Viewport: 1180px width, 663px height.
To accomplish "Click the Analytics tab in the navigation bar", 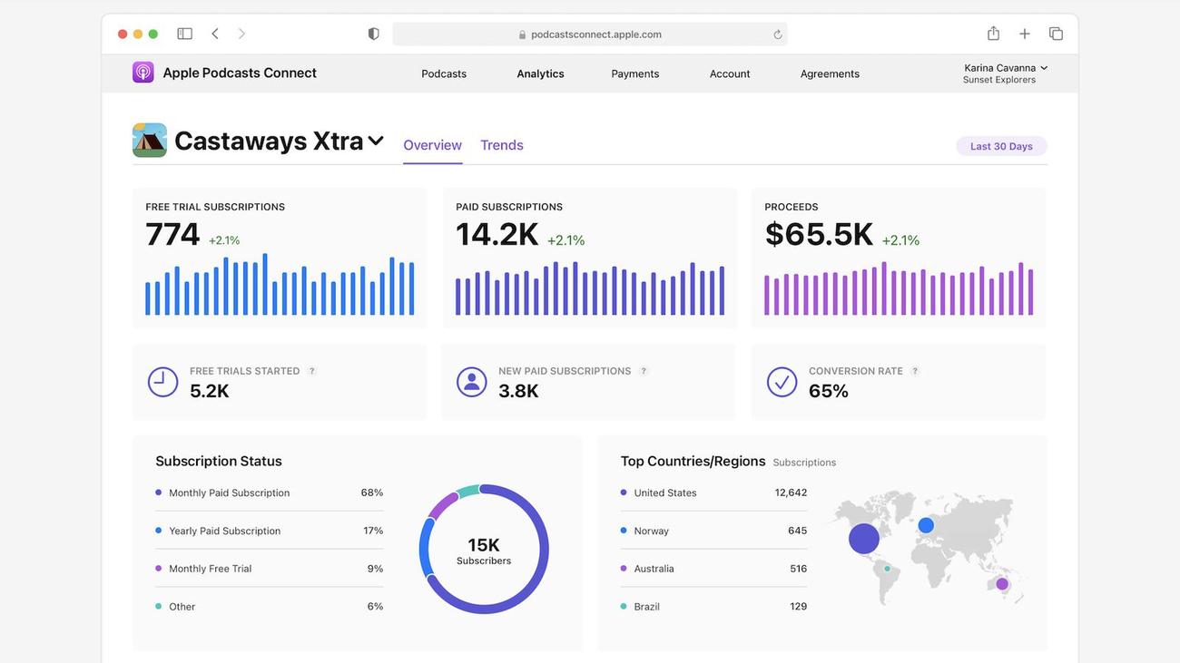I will pyautogui.click(x=540, y=73).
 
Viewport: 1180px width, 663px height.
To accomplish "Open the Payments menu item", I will pyautogui.click(x=635, y=73).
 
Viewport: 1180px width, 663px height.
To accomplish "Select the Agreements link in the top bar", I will pyautogui.click(x=830, y=73).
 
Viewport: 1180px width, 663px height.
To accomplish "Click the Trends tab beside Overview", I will pyautogui.click(x=502, y=145).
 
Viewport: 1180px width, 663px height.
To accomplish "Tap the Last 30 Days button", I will pyautogui.click(x=1001, y=146).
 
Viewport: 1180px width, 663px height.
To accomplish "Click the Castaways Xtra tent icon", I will pyautogui.click(x=150, y=141).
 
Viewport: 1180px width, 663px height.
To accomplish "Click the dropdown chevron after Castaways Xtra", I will pyautogui.click(x=376, y=141).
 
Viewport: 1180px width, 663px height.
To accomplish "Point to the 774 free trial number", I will pyautogui.click(x=172, y=234).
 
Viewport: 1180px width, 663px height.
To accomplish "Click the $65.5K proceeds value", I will pyautogui.click(x=819, y=234).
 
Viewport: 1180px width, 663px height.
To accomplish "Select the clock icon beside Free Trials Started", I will pyautogui.click(x=163, y=382).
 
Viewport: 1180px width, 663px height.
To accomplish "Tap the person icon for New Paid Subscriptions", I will pyautogui.click(x=471, y=382).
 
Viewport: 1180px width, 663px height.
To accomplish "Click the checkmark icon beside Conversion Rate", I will pyautogui.click(x=782, y=382).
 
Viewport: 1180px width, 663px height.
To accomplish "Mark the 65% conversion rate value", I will pyautogui.click(x=829, y=391).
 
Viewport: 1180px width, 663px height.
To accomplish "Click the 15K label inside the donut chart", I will pyautogui.click(x=484, y=545).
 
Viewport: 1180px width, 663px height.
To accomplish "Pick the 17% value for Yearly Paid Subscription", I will pyautogui.click(x=373, y=531).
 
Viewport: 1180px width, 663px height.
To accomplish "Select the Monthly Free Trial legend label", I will pyautogui.click(x=210, y=569).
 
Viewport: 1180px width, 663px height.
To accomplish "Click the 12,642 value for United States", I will pyautogui.click(x=791, y=492).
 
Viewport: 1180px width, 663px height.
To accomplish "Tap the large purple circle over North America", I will pyautogui.click(x=864, y=539).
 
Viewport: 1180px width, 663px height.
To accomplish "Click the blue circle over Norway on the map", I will pyautogui.click(x=926, y=525).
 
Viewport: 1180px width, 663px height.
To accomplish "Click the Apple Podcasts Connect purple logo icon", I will pyautogui.click(x=143, y=73).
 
